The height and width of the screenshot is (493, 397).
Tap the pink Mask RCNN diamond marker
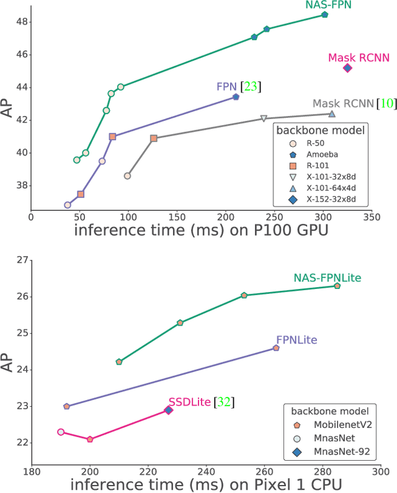347,68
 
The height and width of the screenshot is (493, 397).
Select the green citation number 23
251,86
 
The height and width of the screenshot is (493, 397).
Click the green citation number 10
386,104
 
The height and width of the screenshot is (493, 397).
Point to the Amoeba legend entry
322,154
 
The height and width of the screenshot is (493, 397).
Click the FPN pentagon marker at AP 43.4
236,97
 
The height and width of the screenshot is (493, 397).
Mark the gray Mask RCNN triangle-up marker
332,113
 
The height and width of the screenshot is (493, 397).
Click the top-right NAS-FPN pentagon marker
324,14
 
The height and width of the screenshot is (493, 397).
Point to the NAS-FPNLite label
328,277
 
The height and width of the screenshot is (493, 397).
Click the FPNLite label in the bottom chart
297,340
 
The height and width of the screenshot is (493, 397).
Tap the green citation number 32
223,402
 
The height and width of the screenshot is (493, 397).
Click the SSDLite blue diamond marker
169,410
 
